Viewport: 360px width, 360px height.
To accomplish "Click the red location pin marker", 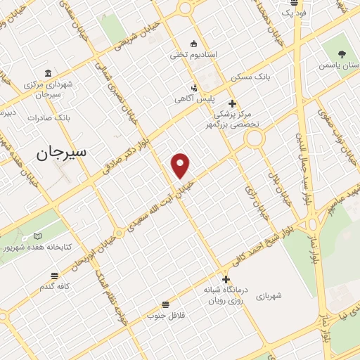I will click(181, 165).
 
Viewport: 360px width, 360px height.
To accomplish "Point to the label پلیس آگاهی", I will click(195, 100).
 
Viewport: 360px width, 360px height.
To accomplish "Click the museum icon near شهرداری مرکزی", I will click(48, 72).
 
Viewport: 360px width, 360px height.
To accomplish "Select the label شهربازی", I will click(269, 296).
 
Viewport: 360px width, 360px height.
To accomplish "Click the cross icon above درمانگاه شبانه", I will click(226, 279).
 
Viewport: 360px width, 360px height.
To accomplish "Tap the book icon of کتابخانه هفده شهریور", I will click(38, 236).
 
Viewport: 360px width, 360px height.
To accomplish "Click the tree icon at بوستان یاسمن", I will click(342, 53).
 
